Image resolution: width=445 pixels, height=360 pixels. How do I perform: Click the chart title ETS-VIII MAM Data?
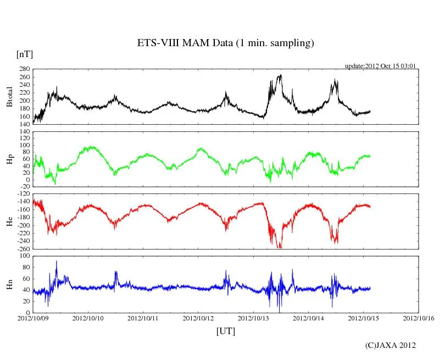click(x=225, y=43)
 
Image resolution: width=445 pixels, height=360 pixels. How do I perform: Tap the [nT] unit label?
click(x=25, y=54)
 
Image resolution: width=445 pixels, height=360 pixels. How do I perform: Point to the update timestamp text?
click(x=380, y=66)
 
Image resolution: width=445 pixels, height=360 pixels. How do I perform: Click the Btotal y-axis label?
click(x=9, y=96)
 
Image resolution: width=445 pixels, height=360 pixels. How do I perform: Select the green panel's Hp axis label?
click(x=9, y=159)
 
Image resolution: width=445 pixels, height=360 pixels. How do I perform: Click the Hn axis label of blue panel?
click(x=9, y=284)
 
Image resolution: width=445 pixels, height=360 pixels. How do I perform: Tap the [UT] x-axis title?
click(x=225, y=331)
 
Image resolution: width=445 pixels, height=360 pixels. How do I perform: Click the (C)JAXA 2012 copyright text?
click(x=391, y=345)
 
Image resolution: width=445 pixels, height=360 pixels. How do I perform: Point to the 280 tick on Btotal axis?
click(x=24, y=69)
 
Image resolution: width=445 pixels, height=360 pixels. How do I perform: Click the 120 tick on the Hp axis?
click(x=24, y=132)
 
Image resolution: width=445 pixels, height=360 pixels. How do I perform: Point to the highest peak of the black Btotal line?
click(x=281, y=75)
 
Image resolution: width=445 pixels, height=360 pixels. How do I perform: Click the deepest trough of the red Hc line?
click(x=280, y=248)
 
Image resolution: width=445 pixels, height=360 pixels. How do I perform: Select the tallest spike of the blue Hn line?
click(x=56, y=261)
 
